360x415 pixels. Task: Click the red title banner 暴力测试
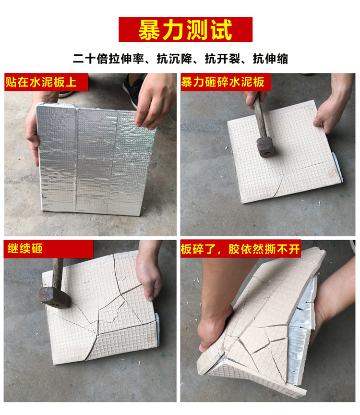[x=185, y=30]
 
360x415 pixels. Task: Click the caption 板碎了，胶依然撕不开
[x=240, y=249]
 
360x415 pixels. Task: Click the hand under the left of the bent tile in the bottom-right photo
[x=214, y=331]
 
